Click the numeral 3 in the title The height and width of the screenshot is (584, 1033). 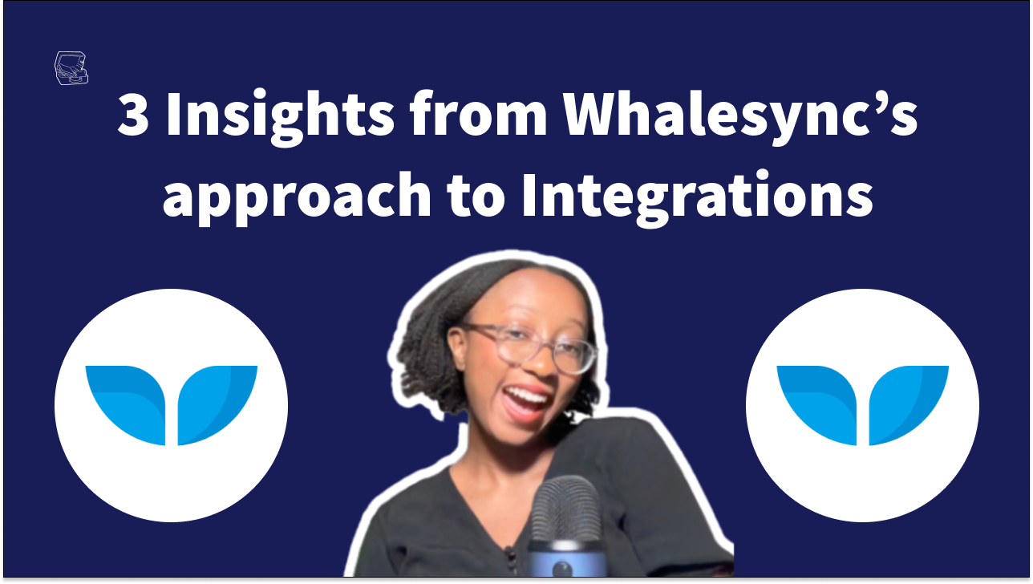133,113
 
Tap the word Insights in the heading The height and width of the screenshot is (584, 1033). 281,117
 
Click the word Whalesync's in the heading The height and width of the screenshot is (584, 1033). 740,117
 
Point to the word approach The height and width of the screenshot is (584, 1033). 297,198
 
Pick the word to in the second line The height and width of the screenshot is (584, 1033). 476,197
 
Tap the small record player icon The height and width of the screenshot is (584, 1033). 71,68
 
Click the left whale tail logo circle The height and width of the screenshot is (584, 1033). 171,405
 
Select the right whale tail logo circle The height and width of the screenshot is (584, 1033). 862,405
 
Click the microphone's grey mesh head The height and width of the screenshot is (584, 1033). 566,509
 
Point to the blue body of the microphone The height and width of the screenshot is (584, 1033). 566,559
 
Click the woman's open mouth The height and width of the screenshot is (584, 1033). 525,401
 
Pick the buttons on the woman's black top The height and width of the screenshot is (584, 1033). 510,560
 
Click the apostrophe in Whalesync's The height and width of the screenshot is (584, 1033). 881,102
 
